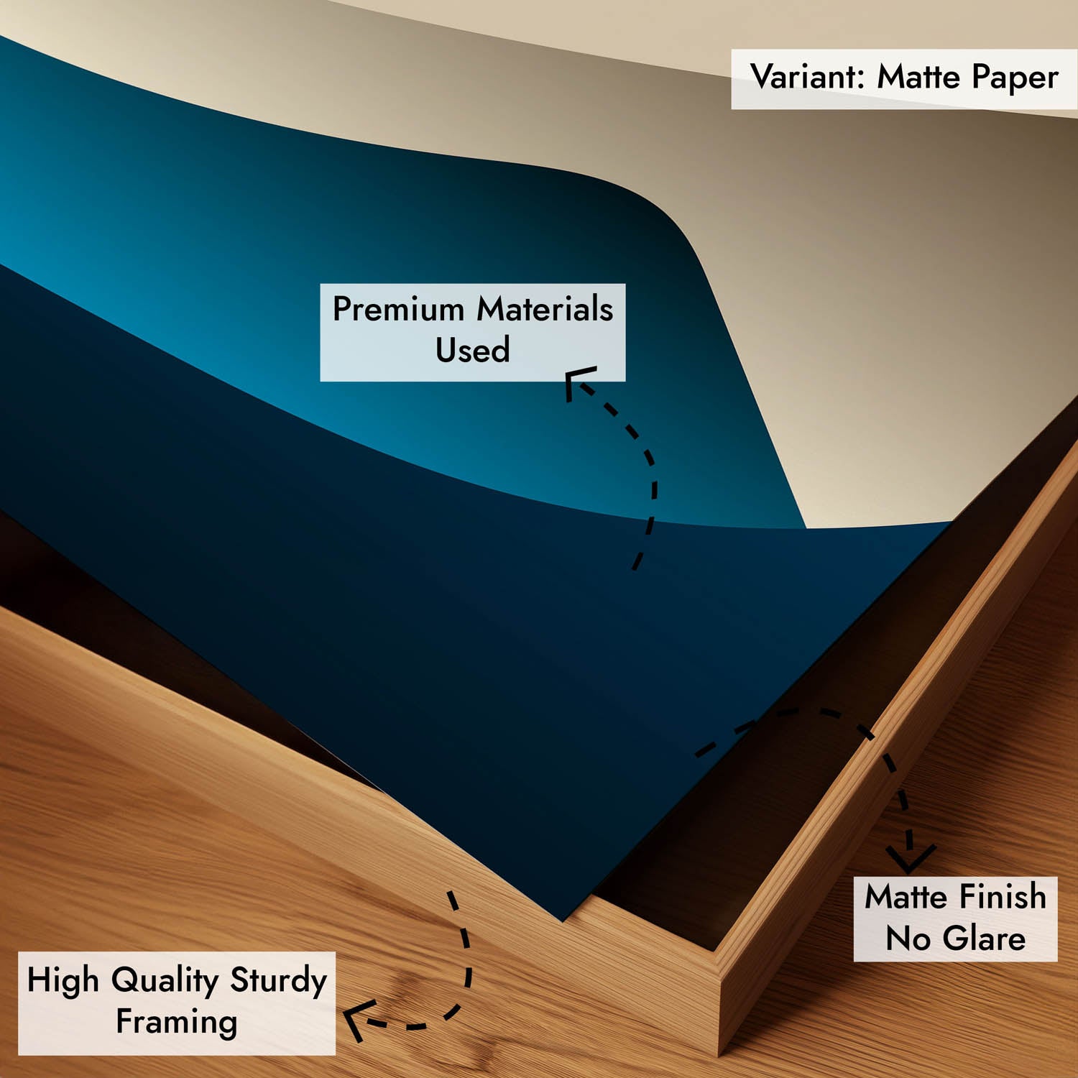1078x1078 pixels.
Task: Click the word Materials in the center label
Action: (x=545, y=309)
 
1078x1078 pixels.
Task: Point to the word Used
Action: (x=472, y=350)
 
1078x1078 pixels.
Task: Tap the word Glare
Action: (x=984, y=939)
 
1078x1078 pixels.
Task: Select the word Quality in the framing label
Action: (x=165, y=982)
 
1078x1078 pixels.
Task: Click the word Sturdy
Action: (x=279, y=982)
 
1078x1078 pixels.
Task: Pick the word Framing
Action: (x=177, y=1023)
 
